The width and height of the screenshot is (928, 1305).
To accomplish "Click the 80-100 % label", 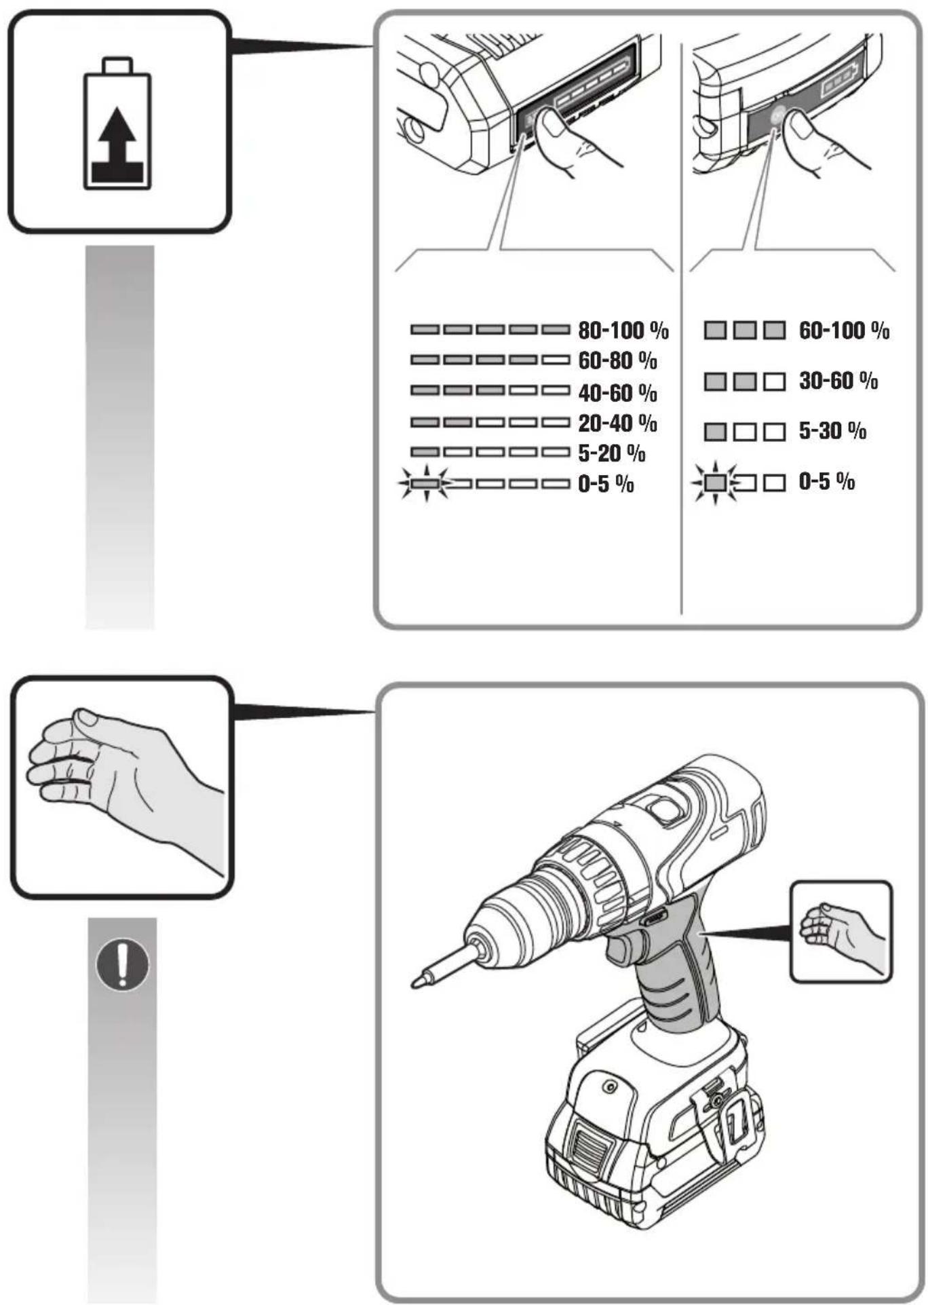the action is point(623,330).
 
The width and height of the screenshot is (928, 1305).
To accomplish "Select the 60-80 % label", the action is point(617,360).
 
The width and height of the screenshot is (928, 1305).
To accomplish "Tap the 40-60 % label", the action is point(617,392).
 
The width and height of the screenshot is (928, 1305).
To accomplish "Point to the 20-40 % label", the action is point(617,423).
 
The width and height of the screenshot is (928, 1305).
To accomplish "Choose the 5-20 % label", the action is point(611,453).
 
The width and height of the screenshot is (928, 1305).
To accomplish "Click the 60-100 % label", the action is point(844,330).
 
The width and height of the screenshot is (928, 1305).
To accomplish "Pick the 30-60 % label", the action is point(838,381).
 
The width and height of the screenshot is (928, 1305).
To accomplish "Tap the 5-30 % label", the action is point(832,431).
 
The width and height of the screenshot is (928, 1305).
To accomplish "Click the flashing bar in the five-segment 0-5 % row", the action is point(425,484).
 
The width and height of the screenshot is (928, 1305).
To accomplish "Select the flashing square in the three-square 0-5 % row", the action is point(715,483).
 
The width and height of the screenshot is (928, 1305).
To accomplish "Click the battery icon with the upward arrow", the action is point(117,123).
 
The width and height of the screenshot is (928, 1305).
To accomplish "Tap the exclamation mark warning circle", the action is point(122,964).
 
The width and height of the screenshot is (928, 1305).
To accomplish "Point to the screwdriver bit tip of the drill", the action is point(415,982).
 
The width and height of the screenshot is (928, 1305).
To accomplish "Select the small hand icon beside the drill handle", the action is point(841,931).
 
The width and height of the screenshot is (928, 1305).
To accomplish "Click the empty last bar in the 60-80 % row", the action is point(556,360).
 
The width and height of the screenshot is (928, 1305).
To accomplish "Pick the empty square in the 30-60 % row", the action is point(774,381).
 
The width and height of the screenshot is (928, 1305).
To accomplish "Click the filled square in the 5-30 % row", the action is point(715,432).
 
